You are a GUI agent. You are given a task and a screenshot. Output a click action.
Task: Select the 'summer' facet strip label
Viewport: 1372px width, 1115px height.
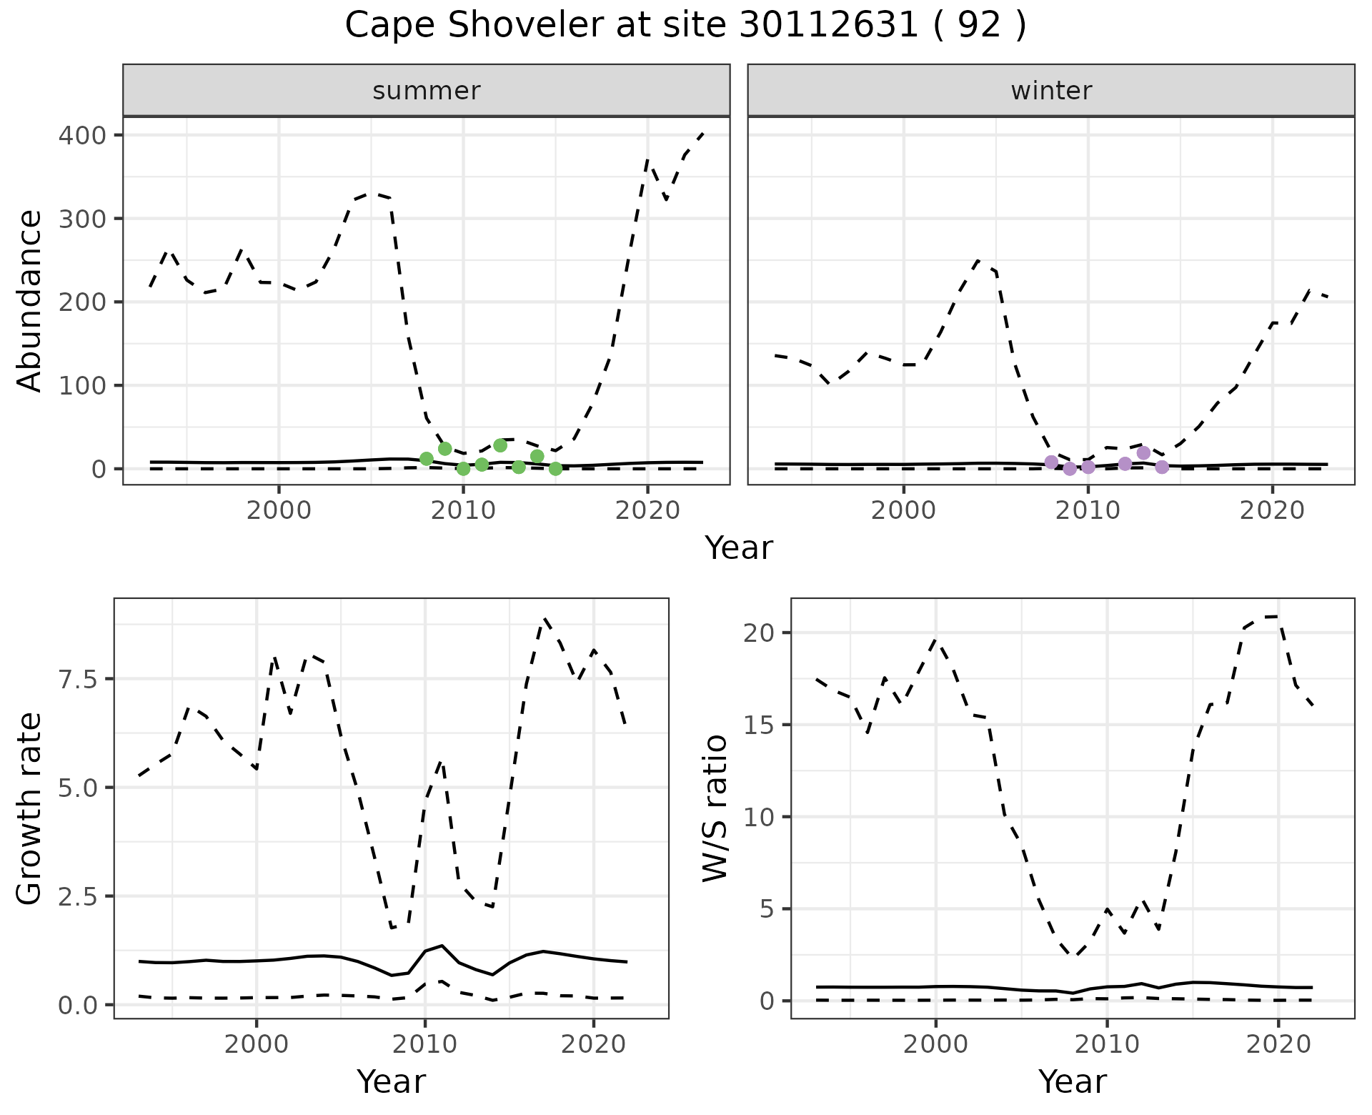(427, 91)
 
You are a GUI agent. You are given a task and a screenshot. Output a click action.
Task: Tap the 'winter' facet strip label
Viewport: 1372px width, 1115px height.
(1051, 91)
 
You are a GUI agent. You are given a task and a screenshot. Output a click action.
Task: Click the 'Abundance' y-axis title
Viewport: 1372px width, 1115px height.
(29, 301)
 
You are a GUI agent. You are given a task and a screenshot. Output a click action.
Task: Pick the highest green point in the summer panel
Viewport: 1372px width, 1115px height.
(500, 445)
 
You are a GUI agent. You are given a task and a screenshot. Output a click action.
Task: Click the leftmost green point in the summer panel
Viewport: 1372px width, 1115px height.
(427, 458)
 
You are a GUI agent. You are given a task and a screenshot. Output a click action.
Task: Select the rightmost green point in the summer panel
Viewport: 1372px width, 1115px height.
(555, 469)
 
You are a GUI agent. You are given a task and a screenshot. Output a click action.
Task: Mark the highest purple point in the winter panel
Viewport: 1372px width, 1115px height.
(1143, 453)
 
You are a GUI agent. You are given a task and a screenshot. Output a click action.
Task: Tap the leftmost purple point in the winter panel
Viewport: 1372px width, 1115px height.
(1051, 462)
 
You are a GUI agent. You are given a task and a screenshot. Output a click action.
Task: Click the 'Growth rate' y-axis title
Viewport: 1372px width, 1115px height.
(29, 808)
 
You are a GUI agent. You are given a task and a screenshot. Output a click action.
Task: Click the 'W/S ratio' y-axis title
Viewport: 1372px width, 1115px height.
(715, 808)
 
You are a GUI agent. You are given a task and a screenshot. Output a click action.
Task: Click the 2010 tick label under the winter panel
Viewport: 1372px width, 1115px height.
(1088, 510)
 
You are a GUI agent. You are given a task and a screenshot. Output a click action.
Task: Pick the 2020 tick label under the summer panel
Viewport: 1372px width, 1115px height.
(647, 510)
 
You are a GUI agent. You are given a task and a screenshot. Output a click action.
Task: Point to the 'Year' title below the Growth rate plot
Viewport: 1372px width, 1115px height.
(391, 1081)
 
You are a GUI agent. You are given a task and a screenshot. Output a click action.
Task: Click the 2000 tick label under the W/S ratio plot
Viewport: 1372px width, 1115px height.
(935, 1044)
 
